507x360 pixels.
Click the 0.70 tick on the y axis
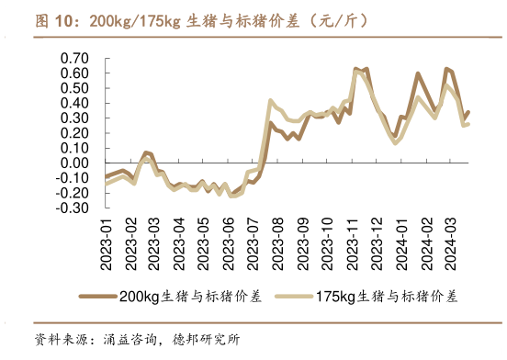point(75,59)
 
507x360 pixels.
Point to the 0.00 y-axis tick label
point(75,163)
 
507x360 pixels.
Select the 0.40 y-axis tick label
point(75,104)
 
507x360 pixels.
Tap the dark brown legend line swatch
point(99,296)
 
